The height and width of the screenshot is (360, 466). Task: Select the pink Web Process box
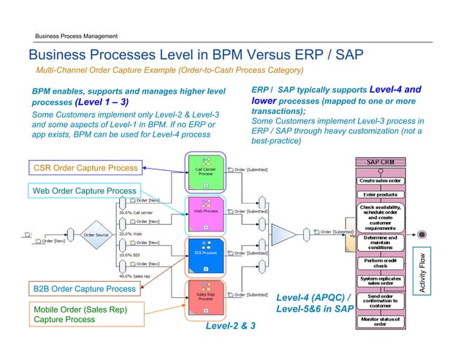pos(206,212)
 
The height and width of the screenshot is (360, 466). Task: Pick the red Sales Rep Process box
pos(206,296)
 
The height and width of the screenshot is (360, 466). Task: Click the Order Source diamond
pos(96,235)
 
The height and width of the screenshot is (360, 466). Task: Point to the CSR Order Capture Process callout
pos(85,168)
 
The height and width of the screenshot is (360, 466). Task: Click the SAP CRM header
pos(386,161)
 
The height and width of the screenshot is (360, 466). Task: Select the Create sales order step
pos(386,180)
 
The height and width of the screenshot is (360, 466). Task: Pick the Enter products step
pos(386,194)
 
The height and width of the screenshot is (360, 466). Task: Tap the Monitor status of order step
pos(386,322)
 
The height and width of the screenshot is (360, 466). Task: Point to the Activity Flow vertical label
pos(421,275)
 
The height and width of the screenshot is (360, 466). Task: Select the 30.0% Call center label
pos(136,213)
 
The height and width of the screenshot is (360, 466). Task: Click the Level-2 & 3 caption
pos(232,327)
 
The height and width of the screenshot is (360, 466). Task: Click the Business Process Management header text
pos(72,37)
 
